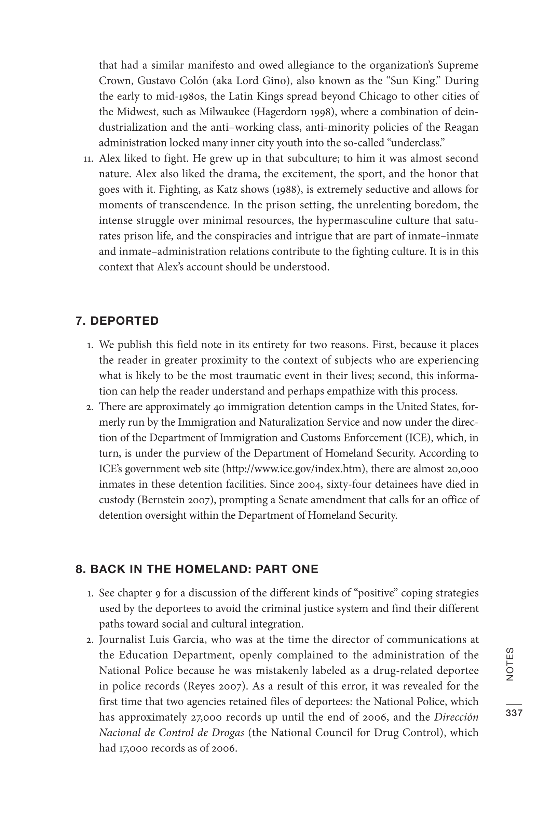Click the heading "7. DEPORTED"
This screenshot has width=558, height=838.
click(x=117, y=321)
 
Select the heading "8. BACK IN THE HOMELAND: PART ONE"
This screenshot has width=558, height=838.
click(x=197, y=569)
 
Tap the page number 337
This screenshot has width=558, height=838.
click(x=514, y=713)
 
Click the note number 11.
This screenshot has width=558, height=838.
click(x=88, y=159)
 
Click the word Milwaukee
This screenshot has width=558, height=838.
click(x=224, y=112)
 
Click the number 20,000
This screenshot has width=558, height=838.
click(x=462, y=468)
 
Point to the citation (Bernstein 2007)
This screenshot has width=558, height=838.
click(x=177, y=500)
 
